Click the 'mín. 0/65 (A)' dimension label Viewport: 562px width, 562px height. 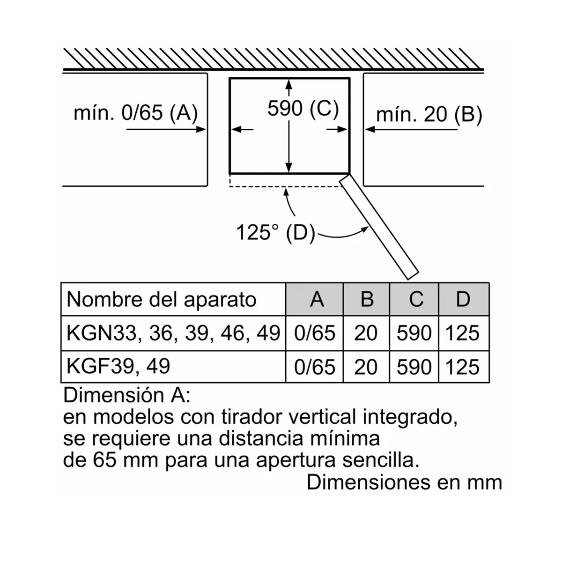[136, 113]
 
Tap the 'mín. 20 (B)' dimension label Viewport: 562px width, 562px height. [429, 115]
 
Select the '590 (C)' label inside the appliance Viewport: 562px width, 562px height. [303, 109]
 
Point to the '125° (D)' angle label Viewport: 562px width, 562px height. [275, 232]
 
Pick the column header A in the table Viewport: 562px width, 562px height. [317, 299]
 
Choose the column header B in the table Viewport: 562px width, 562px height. [367, 299]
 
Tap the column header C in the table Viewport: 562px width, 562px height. [415, 299]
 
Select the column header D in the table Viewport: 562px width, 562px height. [463, 299]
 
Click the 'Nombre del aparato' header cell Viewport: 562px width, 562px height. [162, 299]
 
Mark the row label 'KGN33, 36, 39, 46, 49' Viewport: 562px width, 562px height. [173, 333]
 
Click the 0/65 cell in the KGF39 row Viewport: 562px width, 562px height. [315, 367]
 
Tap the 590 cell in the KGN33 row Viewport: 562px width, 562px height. [414, 333]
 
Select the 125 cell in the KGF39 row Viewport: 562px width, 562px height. [462, 367]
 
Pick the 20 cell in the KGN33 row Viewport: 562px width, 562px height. [366, 333]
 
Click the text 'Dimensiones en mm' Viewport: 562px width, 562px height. [404, 482]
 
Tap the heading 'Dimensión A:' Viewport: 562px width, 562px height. [127, 396]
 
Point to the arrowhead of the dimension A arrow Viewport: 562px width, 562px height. [202, 129]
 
